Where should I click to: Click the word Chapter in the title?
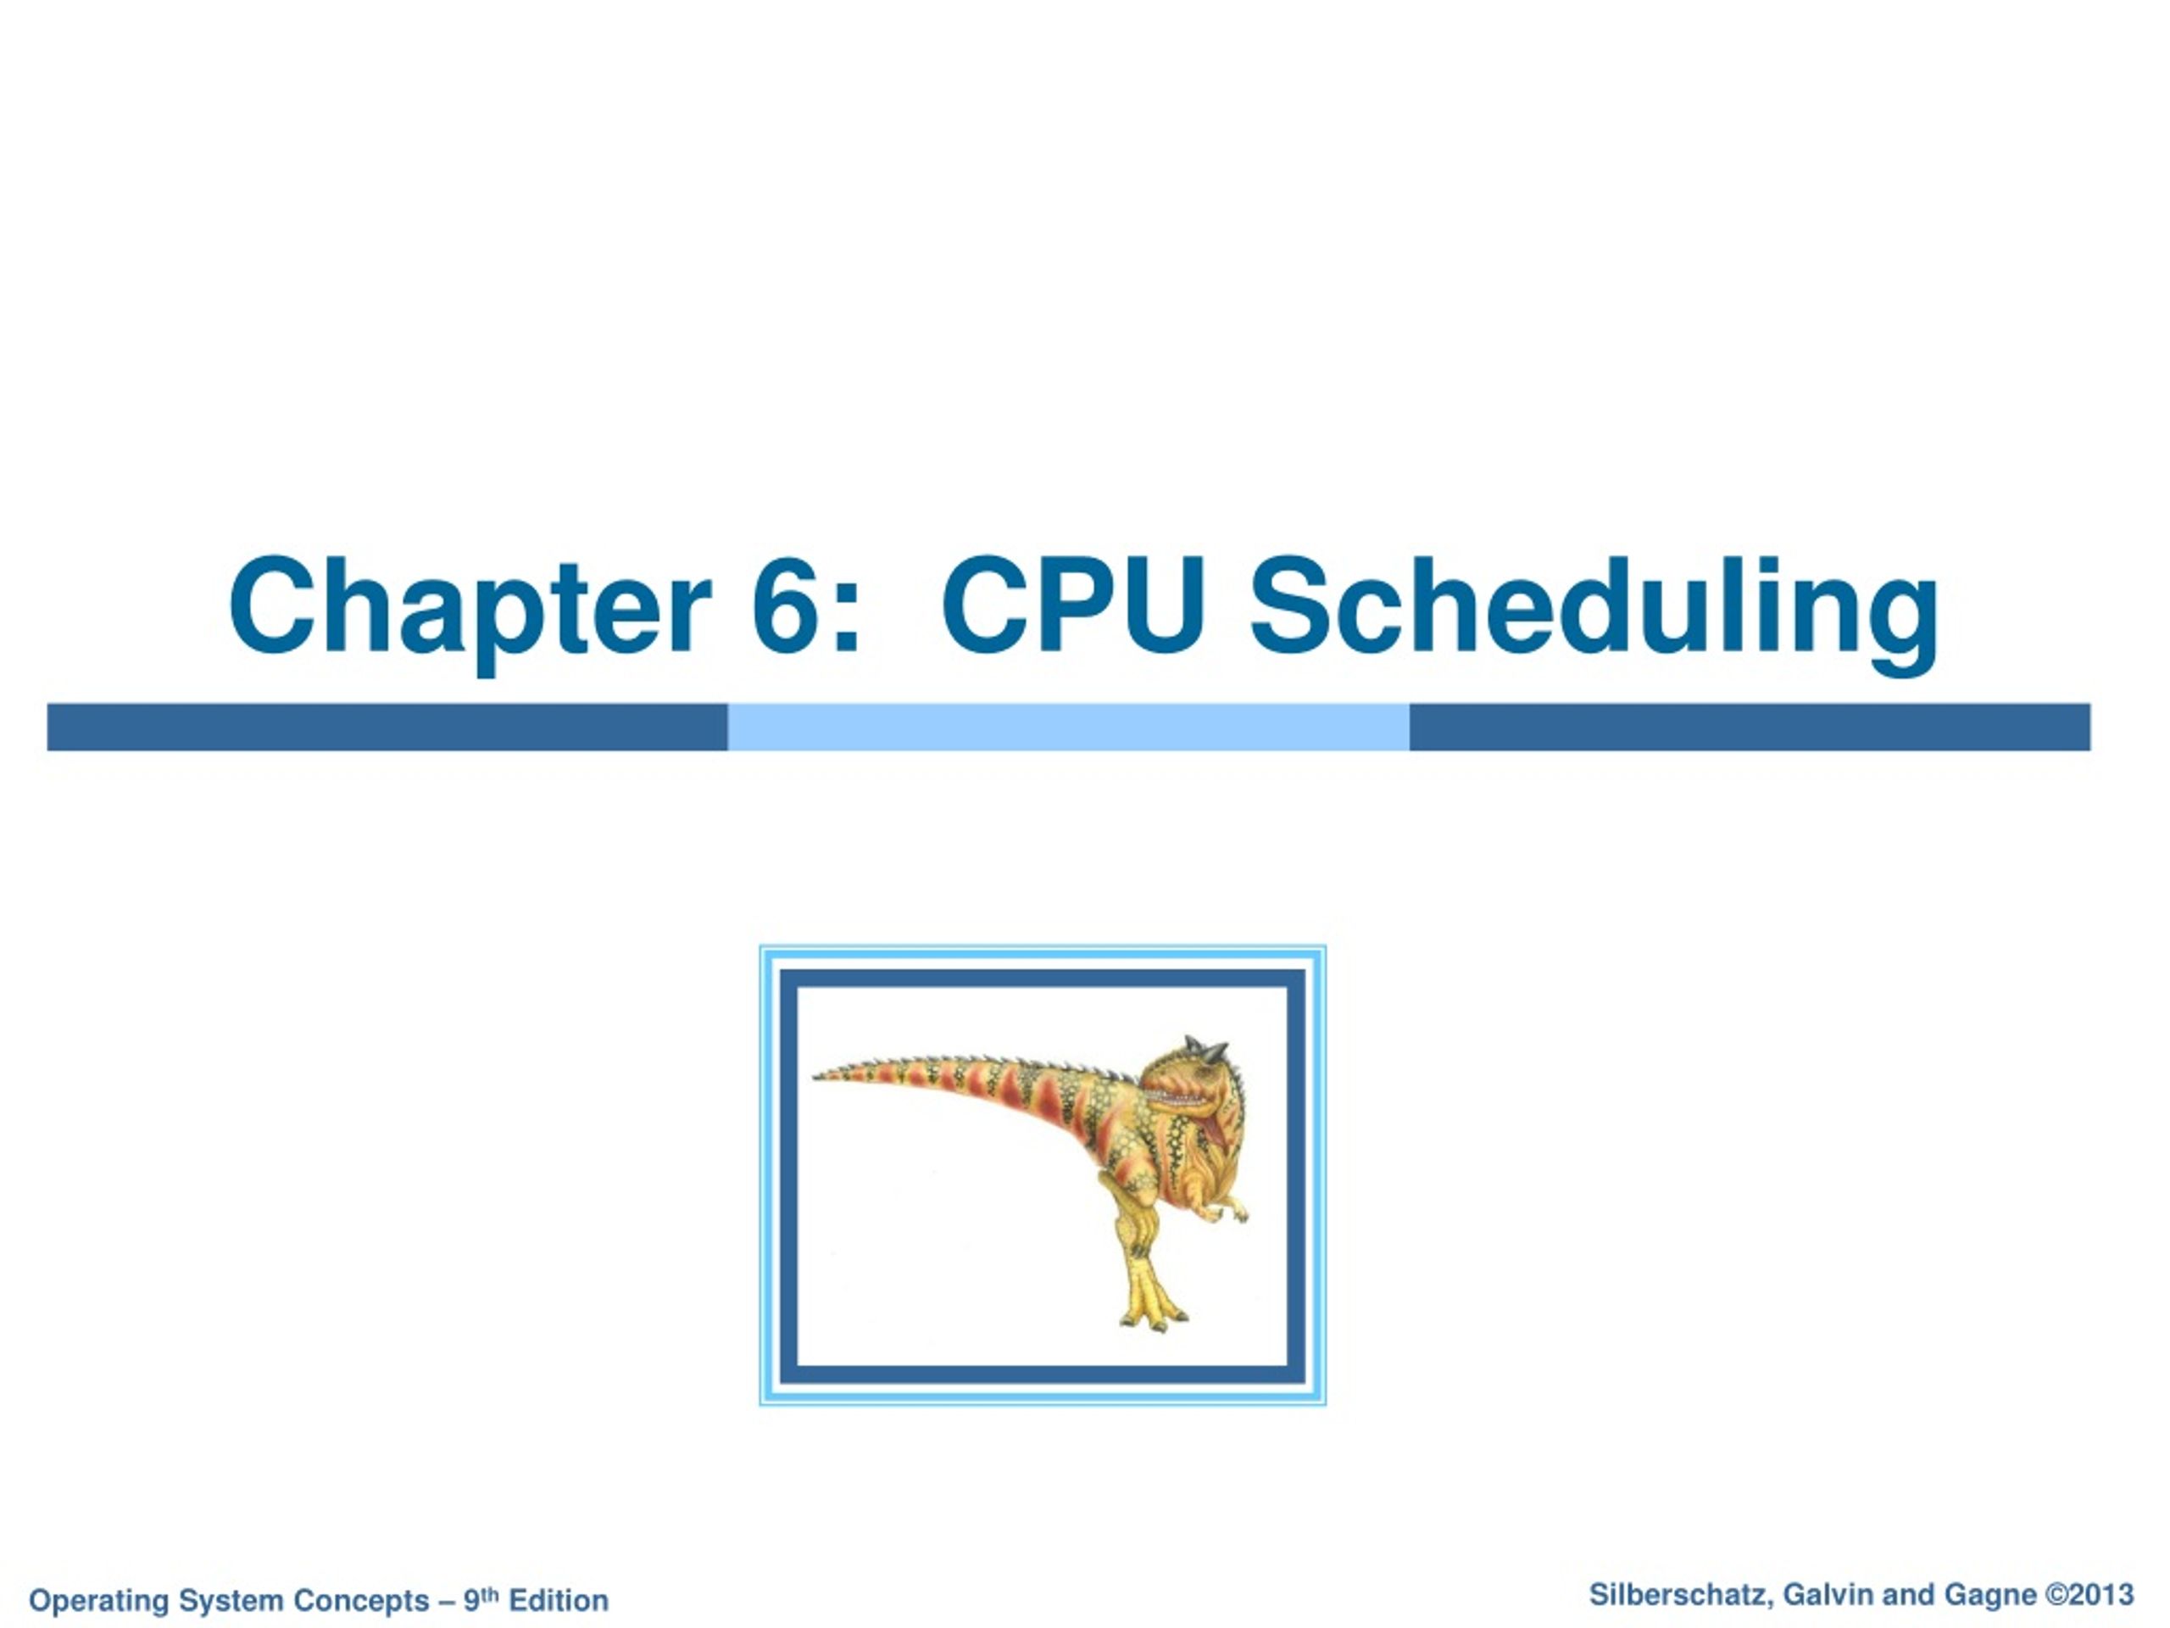point(469,605)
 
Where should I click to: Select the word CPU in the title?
point(1072,605)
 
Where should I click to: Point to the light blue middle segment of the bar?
point(1068,728)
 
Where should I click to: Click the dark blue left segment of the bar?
point(387,728)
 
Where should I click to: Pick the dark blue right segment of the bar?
point(1750,728)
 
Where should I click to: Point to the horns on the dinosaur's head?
point(1207,1050)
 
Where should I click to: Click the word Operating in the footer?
point(99,1601)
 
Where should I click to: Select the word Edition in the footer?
point(559,1601)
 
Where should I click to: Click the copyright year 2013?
point(2101,1595)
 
